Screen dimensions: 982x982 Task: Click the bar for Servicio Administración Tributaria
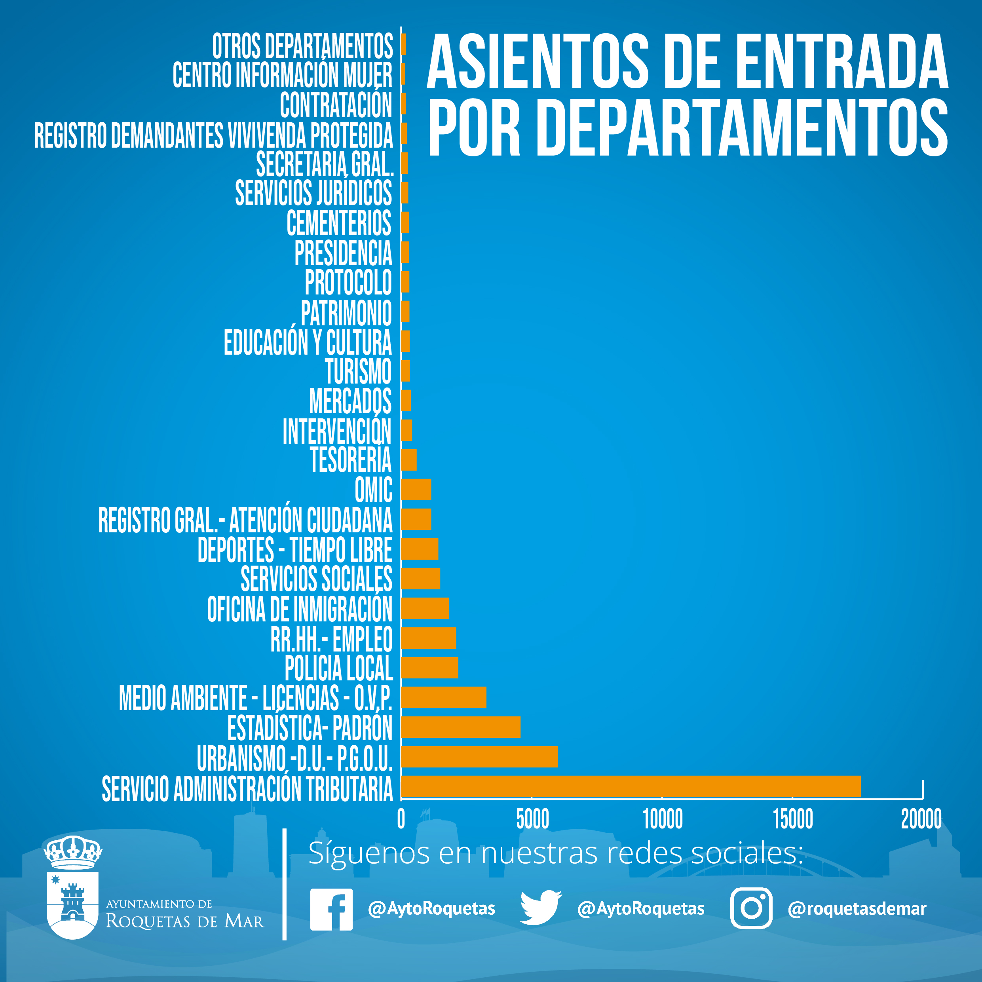point(630,786)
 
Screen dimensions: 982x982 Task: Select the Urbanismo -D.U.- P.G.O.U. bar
point(479,756)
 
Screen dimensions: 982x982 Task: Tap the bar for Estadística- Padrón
point(460,727)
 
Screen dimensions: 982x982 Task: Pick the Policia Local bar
point(429,667)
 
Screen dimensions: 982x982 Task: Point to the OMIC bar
point(416,490)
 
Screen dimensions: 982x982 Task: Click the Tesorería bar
point(408,460)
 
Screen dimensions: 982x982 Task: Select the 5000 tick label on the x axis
point(532,819)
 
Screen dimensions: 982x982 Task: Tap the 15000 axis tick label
point(792,819)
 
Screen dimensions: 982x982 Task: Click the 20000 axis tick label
point(921,819)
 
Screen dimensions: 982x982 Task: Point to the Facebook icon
point(331,909)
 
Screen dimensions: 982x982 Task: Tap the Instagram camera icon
point(751,908)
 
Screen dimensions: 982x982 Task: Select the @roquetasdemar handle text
point(857,908)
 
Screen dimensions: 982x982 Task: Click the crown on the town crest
point(73,853)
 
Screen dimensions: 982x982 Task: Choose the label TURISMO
point(358,372)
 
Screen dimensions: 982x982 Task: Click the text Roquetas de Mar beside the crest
point(185,921)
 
